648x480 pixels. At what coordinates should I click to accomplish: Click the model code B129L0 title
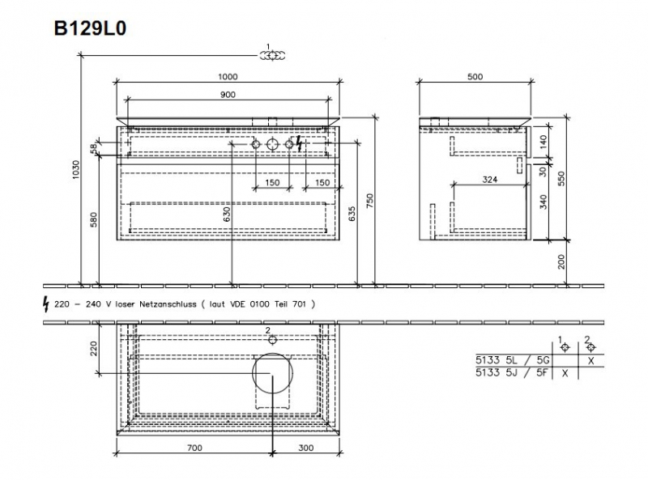(90, 28)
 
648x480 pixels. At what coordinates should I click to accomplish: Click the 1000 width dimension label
(228, 77)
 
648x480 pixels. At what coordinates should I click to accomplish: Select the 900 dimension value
(228, 95)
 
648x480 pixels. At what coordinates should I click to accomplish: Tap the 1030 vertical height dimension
(75, 169)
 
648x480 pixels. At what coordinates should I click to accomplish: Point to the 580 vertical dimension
(94, 219)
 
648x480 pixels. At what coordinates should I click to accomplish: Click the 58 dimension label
(94, 147)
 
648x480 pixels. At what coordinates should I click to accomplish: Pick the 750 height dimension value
(370, 201)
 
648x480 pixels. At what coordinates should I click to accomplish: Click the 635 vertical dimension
(352, 214)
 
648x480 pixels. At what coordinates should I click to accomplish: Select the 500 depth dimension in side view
(475, 77)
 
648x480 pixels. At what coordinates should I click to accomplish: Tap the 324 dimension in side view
(490, 180)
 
